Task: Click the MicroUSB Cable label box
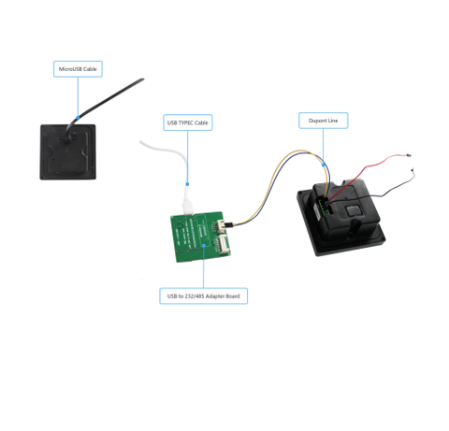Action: point(78,69)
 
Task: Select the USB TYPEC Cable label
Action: point(188,122)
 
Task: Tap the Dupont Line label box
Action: point(324,121)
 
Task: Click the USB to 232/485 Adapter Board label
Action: point(203,295)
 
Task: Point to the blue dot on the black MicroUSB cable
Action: point(78,118)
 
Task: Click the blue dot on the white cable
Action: point(187,184)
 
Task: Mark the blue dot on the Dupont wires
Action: point(324,165)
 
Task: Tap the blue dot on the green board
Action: point(203,245)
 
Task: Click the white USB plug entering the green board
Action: point(188,207)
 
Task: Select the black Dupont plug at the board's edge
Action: point(229,224)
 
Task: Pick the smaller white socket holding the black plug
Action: point(221,225)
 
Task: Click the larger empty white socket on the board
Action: point(223,244)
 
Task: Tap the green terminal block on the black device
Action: point(323,207)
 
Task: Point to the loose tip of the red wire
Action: point(409,155)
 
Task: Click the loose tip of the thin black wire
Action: point(413,170)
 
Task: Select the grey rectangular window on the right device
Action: point(355,211)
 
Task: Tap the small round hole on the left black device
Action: point(53,159)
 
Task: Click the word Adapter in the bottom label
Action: point(215,296)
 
